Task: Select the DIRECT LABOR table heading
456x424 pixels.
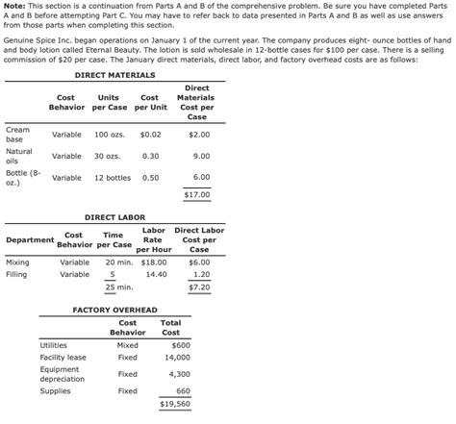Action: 116,218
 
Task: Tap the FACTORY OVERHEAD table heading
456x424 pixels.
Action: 115,310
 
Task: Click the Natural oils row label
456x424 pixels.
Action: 19,156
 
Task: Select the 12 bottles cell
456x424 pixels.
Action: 112,178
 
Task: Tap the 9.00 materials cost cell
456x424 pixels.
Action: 201,156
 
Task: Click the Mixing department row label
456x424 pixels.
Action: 17,262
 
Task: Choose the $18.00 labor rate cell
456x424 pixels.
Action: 155,262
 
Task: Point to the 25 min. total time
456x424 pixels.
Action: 118,287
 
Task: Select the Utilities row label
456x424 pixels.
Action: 53,344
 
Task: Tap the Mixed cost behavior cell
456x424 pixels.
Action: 127,344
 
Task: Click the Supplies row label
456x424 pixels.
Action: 55,390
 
